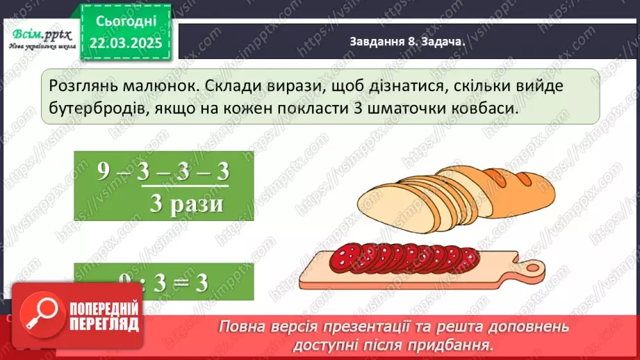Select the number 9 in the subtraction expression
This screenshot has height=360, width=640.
(x=104, y=173)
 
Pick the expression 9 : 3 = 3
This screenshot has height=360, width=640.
(x=163, y=281)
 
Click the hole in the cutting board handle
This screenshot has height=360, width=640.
(x=534, y=267)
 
